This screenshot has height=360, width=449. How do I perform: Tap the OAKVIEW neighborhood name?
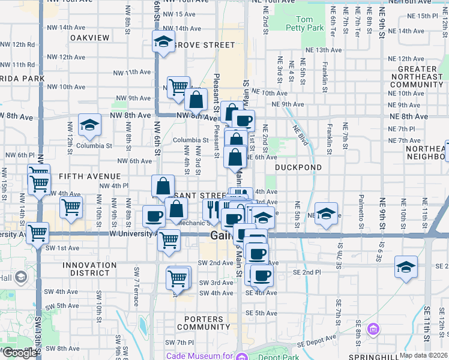[90, 37]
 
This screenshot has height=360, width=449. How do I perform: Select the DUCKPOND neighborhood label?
[299, 167]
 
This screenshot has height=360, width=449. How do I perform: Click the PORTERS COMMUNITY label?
[195, 322]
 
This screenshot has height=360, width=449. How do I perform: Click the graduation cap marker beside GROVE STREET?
[162, 43]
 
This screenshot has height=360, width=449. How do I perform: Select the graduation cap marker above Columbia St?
[90, 125]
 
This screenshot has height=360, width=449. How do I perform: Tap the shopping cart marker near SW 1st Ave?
[38, 232]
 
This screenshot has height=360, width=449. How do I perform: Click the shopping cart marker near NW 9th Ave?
[178, 88]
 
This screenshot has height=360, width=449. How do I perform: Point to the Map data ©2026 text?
[423, 355]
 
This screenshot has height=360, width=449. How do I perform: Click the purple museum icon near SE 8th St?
[374, 329]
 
